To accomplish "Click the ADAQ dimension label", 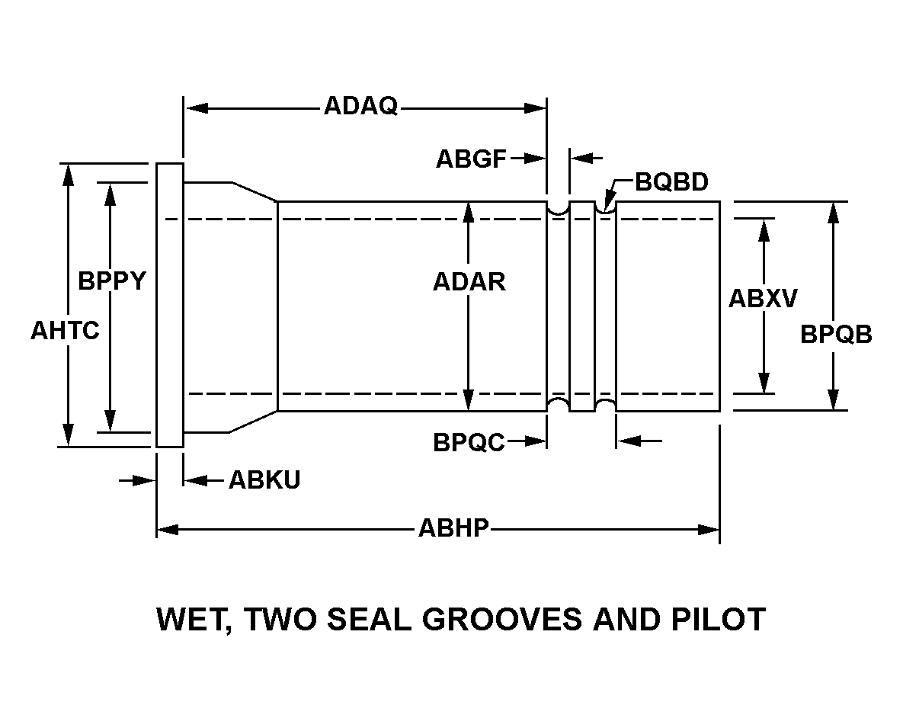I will click(360, 105).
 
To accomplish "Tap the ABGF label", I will click(471, 159).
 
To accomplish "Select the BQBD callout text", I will click(671, 182).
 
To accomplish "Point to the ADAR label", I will click(469, 282).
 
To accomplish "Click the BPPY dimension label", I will click(111, 281).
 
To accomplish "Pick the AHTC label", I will click(65, 331).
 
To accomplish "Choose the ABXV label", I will click(763, 298).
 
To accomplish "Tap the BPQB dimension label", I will click(836, 334).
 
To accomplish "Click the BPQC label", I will click(469, 442).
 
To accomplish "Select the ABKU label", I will click(264, 480).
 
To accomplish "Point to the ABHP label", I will click(453, 527).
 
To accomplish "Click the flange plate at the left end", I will click(169, 305).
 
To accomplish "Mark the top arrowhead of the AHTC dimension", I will click(69, 174).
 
